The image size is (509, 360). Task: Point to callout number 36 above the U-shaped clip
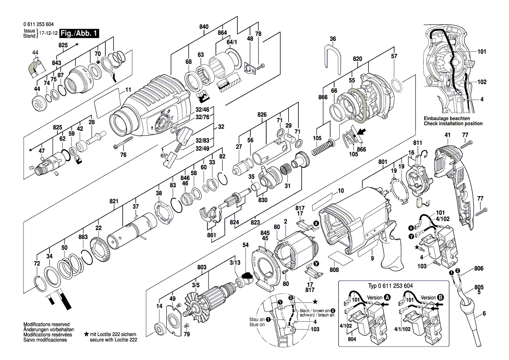(333, 39)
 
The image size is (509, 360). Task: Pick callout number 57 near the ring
(394, 56)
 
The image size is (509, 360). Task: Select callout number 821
(114, 201)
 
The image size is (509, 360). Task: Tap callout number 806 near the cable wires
(479, 269)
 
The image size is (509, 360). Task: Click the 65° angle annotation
(164, 156)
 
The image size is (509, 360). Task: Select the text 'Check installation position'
(453, 124)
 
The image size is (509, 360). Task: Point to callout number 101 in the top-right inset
(481, 52)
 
